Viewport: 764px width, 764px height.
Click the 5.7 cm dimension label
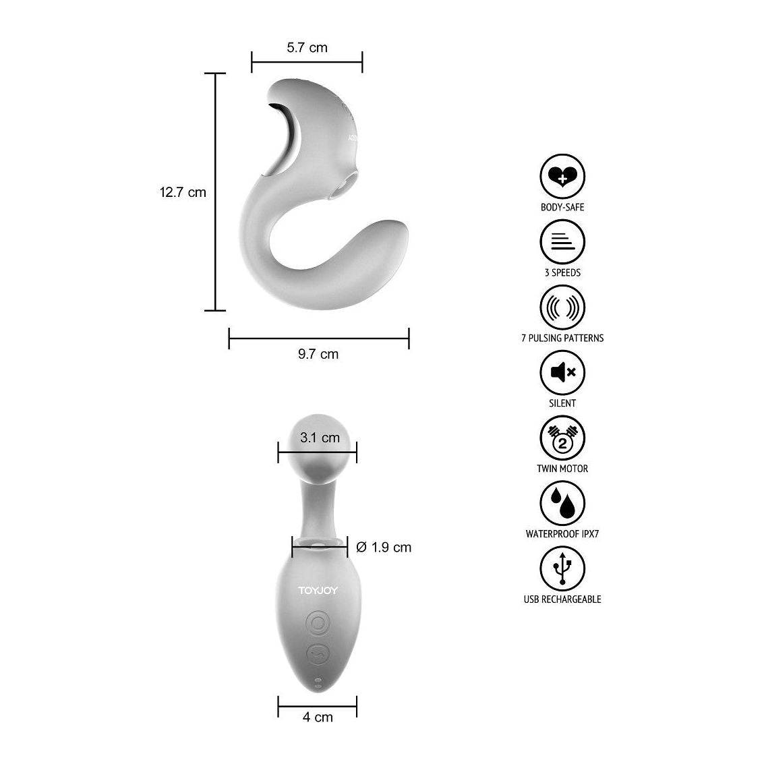point(307,47)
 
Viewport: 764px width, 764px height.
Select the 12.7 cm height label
point(183,192)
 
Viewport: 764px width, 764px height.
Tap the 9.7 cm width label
point(318,354)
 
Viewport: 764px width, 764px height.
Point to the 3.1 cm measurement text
point(320,438)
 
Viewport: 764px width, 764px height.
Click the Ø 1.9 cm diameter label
point(383,548)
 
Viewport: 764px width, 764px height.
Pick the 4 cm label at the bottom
point(318,717)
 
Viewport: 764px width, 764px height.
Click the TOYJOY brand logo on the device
point(318,591)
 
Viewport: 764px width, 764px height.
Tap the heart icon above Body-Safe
point(562,177)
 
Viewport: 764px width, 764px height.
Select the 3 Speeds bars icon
point(562,242)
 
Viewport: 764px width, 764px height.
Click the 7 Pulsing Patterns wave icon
point(562,307)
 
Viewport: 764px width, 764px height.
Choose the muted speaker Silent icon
point(562,372)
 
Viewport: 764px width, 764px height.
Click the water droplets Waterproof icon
point(562,503)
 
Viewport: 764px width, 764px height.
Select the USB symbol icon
point(562,568)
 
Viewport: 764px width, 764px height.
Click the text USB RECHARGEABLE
point(562,599)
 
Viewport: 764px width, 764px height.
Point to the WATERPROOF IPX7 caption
point(562,534)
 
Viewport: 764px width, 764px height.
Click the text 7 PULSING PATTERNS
point(562,339)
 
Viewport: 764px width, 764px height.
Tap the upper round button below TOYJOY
point(318,622)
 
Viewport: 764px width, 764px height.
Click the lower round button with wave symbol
point(318,653)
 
